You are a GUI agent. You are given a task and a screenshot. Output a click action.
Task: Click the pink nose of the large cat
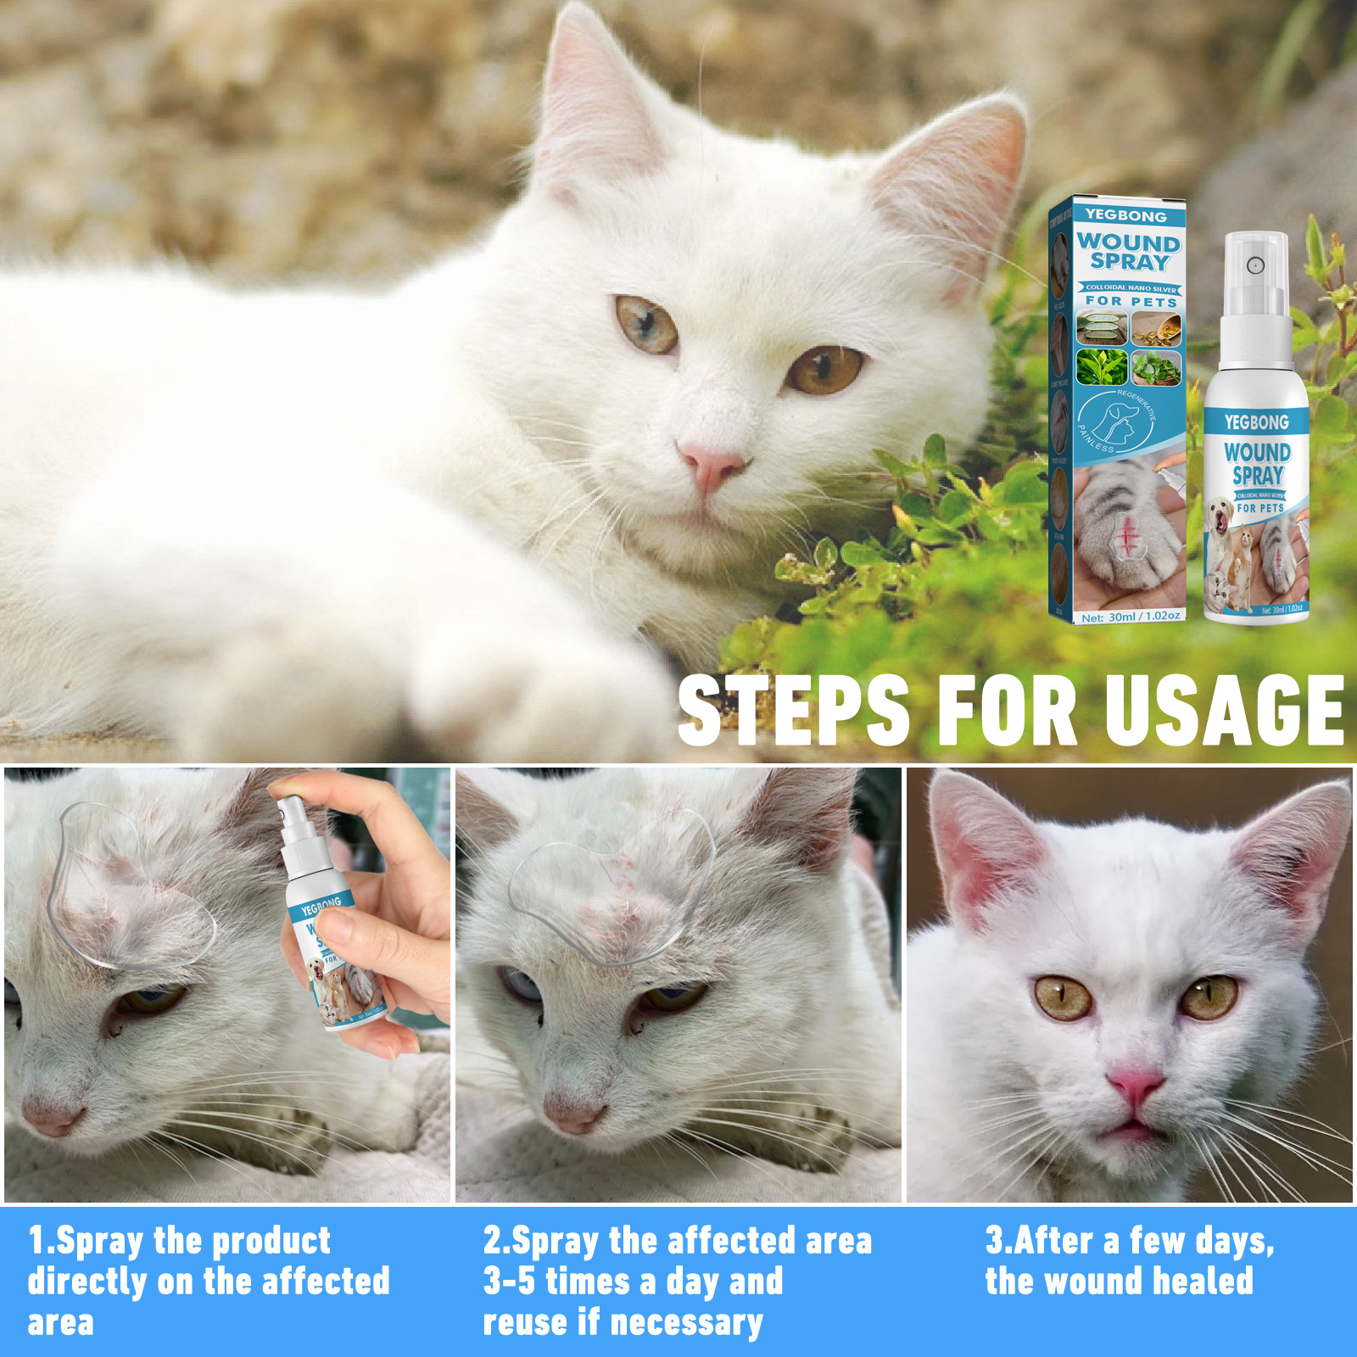[711, 465]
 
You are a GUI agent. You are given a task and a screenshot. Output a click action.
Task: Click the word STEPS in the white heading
[794, 711]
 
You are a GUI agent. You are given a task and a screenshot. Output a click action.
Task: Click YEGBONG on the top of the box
[1125, 215]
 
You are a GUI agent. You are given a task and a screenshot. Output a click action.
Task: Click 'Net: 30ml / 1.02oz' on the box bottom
[1131, 617]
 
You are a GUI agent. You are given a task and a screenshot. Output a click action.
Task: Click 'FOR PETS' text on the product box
[1131, 301]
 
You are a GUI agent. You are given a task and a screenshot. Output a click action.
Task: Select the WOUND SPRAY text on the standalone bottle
[1257, 463]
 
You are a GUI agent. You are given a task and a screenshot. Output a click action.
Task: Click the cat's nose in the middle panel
[574, 1112]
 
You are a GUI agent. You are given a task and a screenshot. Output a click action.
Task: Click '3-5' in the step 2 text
[509, 1282]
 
